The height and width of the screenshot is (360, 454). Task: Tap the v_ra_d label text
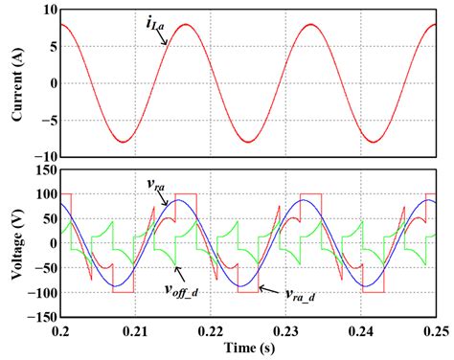coord(304,295)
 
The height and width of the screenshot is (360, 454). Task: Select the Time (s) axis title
coord(245,347)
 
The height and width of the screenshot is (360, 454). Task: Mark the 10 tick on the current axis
coord(44,10)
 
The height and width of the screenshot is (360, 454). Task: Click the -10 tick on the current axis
coord(42,156)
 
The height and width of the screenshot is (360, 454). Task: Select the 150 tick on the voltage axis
coord(41,170)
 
